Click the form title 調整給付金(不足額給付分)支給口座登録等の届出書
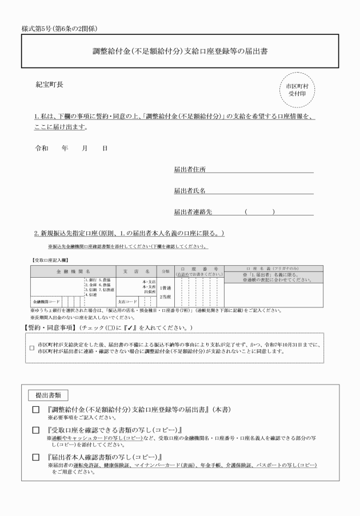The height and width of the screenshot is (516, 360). click(x=180, y=51)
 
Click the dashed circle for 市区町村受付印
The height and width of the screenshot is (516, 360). click(x=297, y=89)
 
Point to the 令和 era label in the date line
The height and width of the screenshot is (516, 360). click(x=42, y=148)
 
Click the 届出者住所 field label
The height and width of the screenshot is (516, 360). click(x=190, y=169)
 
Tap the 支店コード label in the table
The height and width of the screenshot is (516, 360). click(x=127, y=301)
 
